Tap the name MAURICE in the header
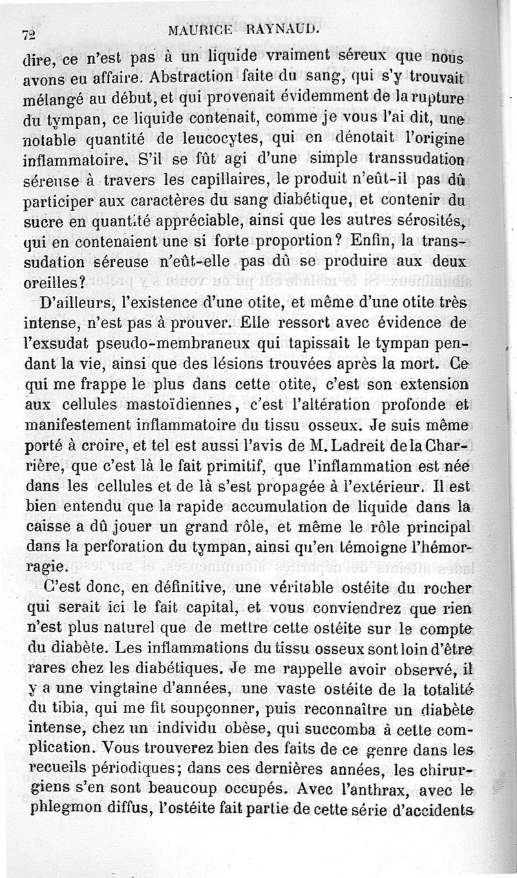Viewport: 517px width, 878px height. [198, 30]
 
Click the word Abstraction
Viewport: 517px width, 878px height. [192, 78]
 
